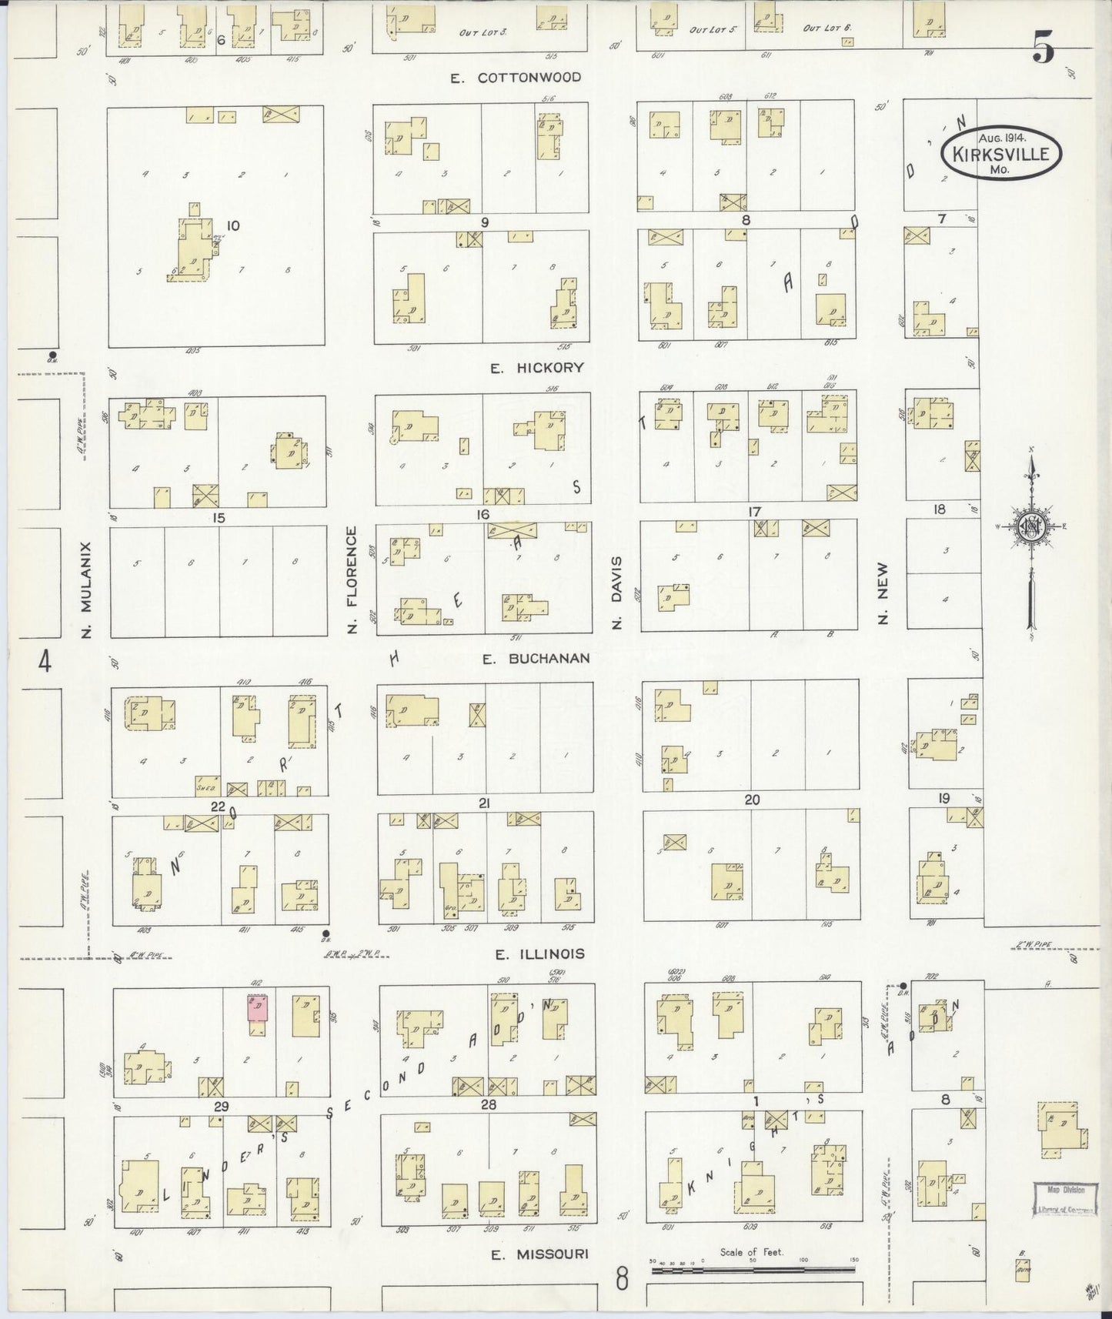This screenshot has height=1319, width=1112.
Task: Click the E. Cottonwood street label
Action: click(516, 78)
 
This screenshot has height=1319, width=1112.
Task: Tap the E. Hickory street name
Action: click(537, 368)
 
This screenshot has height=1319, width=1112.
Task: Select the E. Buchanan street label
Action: click(536, 659)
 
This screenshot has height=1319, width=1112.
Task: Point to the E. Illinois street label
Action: click(539, 954)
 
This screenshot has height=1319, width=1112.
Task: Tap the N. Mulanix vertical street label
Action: click(86, 589)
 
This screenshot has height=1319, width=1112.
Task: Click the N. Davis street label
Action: click(616, 593)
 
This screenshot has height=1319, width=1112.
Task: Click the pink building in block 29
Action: click(257, 1007)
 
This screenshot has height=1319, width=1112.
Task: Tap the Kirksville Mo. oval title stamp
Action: click(1000, 152)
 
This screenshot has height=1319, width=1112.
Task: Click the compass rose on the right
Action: click(1030, 527)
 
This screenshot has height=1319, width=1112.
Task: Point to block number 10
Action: click(233, 225)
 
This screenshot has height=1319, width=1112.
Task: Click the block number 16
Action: click(483, 514)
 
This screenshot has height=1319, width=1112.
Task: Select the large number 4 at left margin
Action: click(45, 660)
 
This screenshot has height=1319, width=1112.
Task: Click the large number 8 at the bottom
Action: click(622, 1279)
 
